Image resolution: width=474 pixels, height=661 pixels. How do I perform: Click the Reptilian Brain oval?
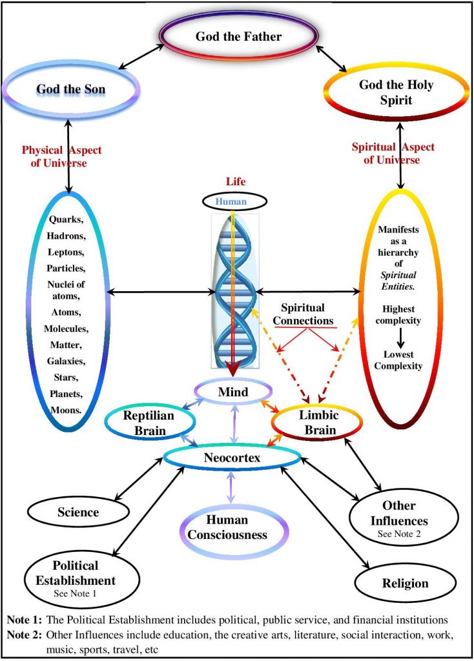pos(149,422)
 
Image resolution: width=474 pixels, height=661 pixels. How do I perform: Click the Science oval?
pos(78,513)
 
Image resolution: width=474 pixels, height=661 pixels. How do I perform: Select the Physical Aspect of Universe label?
pos(62,156)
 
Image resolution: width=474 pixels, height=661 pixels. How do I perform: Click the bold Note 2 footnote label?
pos(21,634)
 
